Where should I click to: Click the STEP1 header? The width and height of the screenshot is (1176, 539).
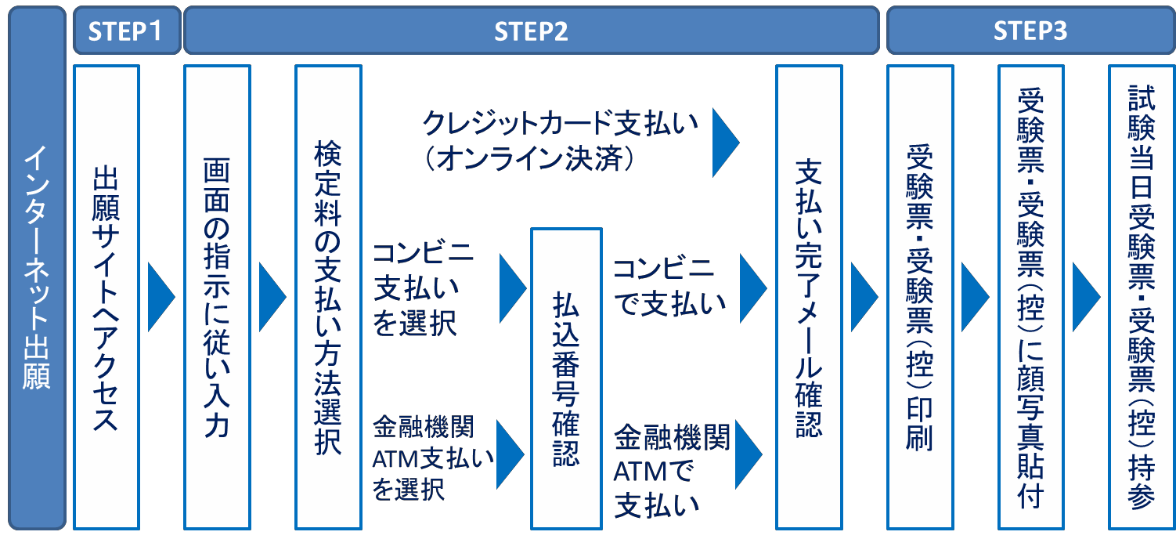tap(125, 31)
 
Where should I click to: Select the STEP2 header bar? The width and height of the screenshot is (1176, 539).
tap(530, 31)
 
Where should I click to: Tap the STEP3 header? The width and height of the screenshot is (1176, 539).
tap(1030, 31)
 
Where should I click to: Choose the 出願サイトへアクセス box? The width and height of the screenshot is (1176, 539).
tap(106, 297)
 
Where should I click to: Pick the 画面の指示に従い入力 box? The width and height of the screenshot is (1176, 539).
tap(217, 297)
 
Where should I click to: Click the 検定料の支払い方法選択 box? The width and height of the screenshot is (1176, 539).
tap(327, 297)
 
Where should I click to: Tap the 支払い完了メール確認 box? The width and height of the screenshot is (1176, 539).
tap(808, 297)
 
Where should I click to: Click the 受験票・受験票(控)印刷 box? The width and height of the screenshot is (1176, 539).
tap(919, 297)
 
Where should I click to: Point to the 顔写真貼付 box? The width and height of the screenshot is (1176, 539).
tap(1030, 297)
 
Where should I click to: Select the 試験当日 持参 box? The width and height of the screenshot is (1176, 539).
tap(1142, 297)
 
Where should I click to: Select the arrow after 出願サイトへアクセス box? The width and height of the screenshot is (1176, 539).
tap(161, 297)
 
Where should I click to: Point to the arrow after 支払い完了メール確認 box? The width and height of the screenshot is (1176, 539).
tap(864, 297)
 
